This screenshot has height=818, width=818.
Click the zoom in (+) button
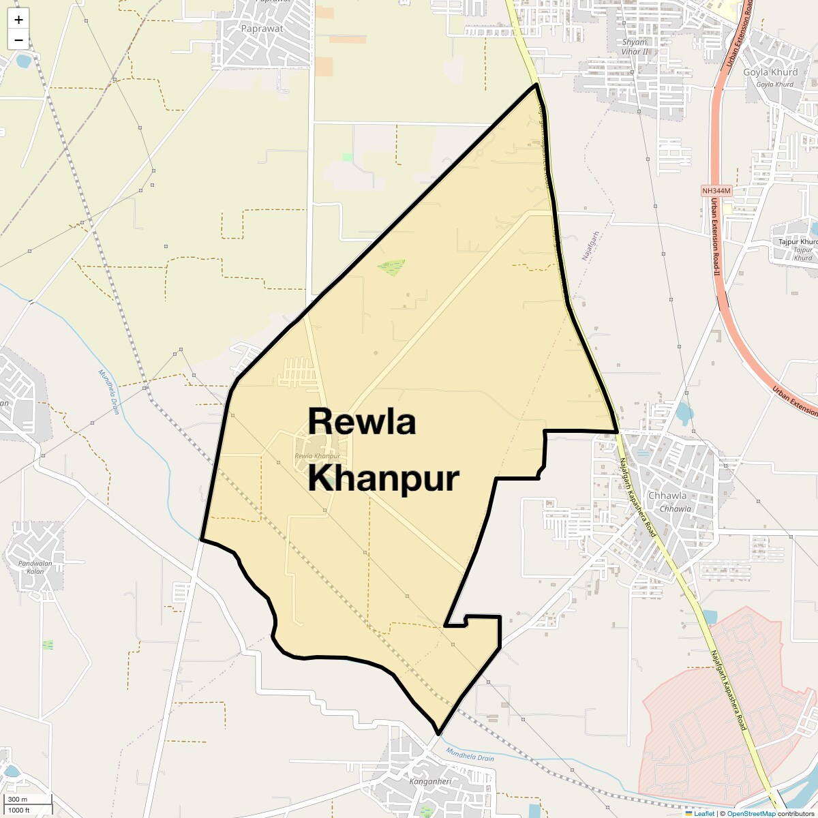(x=18, y=20)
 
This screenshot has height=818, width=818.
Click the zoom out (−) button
(x=18, y=40)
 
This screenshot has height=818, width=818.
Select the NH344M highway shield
(x=716, y=191)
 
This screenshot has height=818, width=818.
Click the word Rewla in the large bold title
(x=361, y=421)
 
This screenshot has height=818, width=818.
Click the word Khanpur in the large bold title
(x=383, y=479)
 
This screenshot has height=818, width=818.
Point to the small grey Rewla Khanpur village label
(x=318, y=456)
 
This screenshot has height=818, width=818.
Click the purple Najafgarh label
(x=590, y=247)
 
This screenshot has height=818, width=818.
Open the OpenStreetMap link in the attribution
(x=751, y=813)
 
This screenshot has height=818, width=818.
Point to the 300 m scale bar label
(x=18, y=800)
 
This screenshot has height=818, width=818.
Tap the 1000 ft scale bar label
(x=19, y=810)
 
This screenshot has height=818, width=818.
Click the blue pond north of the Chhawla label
(x=684, y=411)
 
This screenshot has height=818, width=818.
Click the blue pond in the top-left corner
(x=24, y=61)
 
